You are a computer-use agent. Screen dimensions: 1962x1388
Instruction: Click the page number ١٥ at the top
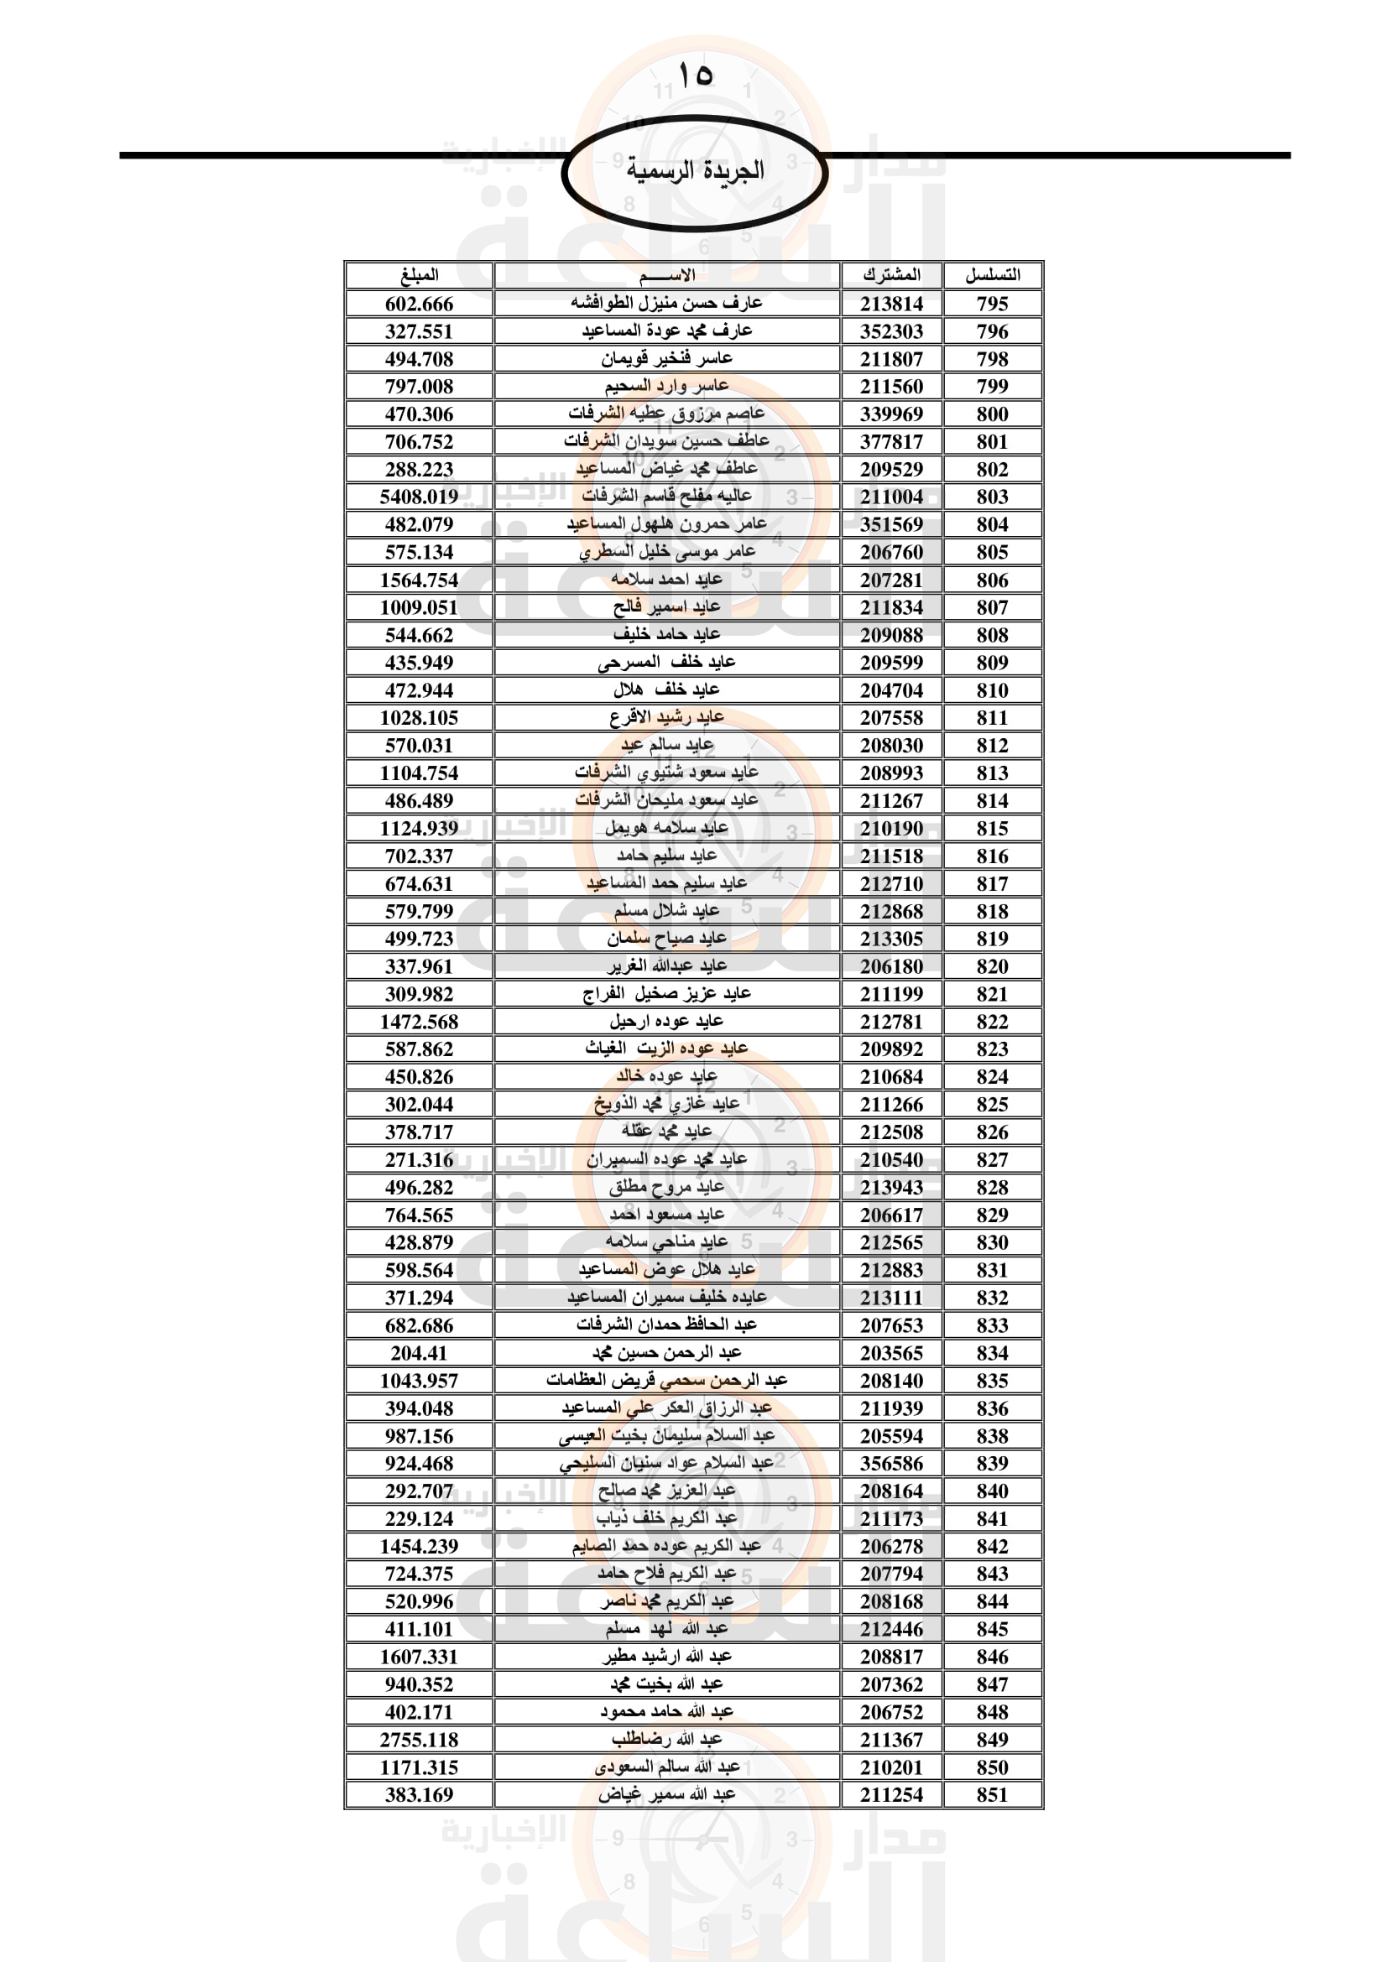pos(694,75)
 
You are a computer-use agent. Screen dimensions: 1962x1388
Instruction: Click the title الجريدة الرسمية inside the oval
pos(694,170)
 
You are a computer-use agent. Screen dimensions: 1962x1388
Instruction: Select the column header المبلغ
pos(419,275)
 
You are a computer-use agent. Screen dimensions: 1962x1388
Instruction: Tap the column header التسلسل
pos(991,275)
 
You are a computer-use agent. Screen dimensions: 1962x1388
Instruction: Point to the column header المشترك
pos(890,275)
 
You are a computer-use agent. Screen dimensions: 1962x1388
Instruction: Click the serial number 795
pos(991,304)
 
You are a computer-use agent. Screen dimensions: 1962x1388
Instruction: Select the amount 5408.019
pos(419,497)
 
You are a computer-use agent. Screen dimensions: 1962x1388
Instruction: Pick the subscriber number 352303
pos(890,331)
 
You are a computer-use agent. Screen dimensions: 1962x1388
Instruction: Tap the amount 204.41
pos(419,1353)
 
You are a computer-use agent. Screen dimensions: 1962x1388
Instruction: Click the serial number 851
pos(991,1794)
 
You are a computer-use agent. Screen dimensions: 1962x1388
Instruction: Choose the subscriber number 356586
pos(890,1463)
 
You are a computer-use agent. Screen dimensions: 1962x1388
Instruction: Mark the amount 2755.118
pos(419,1739)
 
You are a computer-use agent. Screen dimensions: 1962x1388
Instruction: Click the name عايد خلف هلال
pos(665,690)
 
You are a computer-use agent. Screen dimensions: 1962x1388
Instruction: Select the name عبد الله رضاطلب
pos(665,1739)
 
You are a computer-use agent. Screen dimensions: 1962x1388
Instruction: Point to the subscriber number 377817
pos(890,442)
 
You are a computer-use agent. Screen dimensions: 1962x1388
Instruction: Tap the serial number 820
pos(991,966)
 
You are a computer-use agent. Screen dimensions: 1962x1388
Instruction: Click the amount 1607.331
pos(419,1656)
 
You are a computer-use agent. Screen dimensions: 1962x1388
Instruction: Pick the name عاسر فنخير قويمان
pos(665,359)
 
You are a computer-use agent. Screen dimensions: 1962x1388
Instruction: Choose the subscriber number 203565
pos(890,1353)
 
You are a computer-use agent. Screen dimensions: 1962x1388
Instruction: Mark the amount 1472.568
pos(419,1021)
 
